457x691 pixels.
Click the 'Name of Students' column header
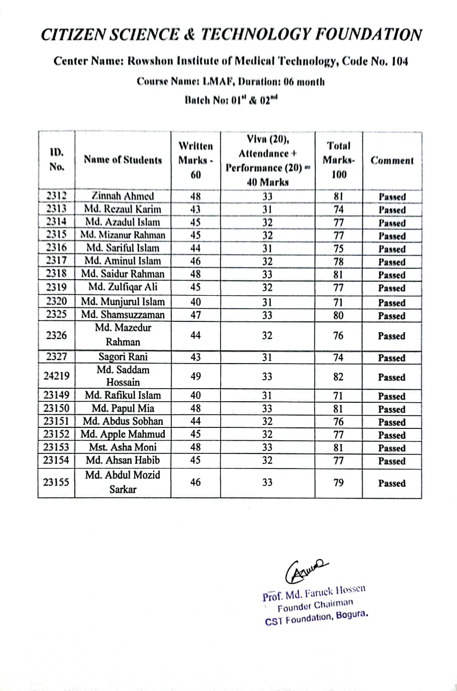123,160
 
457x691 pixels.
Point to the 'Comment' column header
392,161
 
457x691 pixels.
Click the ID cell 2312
56,196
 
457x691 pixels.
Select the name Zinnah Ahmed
123,196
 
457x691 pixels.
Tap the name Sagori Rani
123,357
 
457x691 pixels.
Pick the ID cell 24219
56,376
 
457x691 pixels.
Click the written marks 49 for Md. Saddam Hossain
195,377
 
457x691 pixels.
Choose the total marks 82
338,377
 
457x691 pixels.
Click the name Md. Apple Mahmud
123,434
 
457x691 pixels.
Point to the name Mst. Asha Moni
123,447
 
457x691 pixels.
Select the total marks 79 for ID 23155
338,483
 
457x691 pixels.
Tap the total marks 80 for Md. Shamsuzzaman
338,315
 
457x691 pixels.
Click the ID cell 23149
56,395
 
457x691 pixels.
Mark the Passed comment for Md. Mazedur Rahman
391,336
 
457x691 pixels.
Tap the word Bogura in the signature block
352,615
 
